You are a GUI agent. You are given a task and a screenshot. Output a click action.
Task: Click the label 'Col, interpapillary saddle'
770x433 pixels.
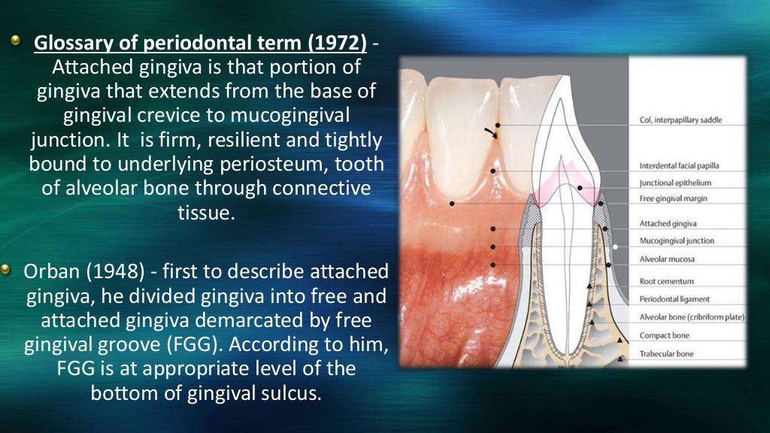click(x=681, y=120)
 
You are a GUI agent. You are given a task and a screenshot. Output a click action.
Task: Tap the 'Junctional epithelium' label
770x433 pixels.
click(x=675, y=183)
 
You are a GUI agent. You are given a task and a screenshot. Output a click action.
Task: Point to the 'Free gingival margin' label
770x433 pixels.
click(x=673, y=198)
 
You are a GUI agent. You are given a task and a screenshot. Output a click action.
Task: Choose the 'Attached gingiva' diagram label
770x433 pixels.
click(x=668, y=223)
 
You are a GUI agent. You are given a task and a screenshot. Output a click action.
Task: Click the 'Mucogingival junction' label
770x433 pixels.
click(x=676, y=241)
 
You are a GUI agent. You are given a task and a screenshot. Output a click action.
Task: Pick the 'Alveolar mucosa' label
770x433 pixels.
click(x=666, y=259)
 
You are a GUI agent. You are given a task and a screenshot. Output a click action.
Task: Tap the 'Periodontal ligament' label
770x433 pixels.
click(x=674, y=299)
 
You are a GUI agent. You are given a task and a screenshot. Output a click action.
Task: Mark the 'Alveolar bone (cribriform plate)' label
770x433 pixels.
click(x=691, y=317)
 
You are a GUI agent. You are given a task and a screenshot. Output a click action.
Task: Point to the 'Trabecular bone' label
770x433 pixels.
click(x=666, y=353)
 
